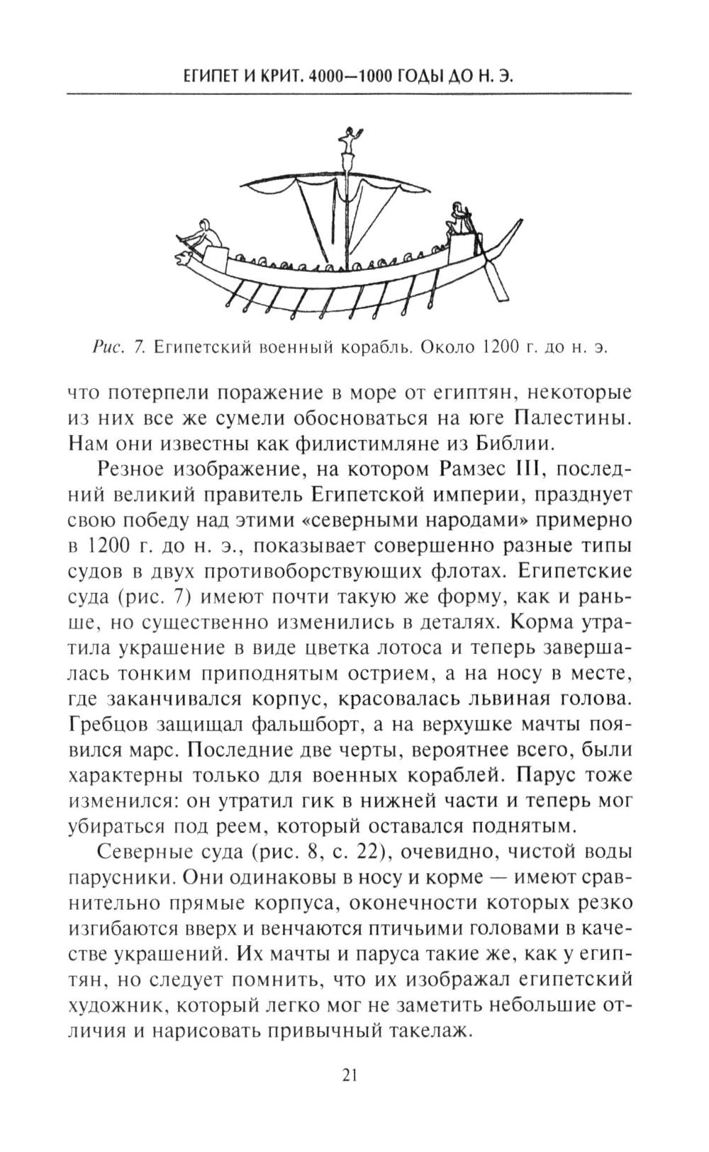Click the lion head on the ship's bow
[x=186, y=256]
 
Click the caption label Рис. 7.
[x=118, y=347]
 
